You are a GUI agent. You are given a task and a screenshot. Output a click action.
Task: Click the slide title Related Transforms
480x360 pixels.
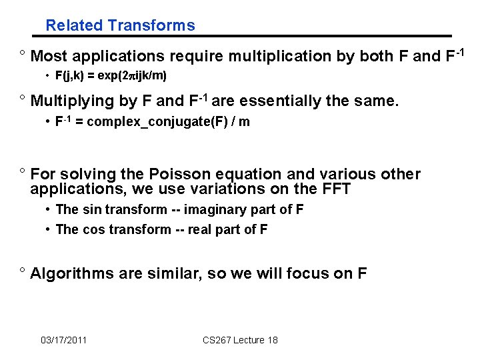tap(120, 26)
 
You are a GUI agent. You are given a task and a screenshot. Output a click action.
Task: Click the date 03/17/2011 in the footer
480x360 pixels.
tap(63, 340)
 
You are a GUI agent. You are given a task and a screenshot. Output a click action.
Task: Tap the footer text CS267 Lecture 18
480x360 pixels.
tap(240, 340)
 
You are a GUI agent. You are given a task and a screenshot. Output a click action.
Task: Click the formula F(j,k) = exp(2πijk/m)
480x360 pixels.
tap(111, 76)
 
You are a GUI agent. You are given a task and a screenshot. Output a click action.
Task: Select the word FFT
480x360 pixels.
tap(336, 189)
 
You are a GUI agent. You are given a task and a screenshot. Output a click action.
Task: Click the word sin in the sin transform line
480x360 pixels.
tap(90, 209)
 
